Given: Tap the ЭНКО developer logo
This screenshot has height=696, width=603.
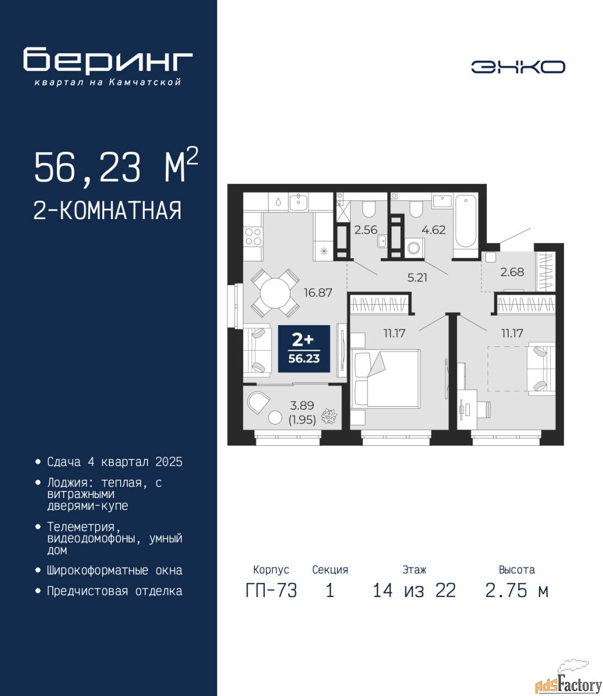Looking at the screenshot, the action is pyautogui.click(x=518, y=67).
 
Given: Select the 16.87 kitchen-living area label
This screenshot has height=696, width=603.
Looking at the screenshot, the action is pyautogui.click(x=318, y=293).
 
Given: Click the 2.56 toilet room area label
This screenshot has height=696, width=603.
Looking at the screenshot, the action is pyautogui.click(x=365, y=230).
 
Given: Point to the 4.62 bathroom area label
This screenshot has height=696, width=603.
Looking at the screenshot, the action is pyautogui.click(x=434, y=230).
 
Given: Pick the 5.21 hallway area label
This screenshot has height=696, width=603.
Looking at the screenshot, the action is pyautogui.click(x=417, y=278).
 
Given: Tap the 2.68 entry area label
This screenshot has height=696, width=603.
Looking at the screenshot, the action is pyautogui.click(x=512, y=272).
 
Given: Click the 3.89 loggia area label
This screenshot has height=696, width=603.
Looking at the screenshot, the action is pyautogui.click(x=302, y=406).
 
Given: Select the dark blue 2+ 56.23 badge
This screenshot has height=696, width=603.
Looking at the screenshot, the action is pyautogui.click(x=304, y=349).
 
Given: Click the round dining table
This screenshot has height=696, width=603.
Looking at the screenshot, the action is pyautogui.click(x=275, y=293).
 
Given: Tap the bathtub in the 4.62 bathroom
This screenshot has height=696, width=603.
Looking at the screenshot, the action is pyautogui.click(x=465, y=222).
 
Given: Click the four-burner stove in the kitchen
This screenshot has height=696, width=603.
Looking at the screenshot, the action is pyautogui.click(x=253, y=237).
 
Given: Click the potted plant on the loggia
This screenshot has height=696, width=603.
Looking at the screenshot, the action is pyautogui.click(x=329, y=416).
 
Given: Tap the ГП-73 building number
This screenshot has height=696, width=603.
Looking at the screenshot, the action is pyautogui.click(x=271, y=591).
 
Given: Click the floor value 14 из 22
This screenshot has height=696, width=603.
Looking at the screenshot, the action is pyautogui.click(x=414, y=591).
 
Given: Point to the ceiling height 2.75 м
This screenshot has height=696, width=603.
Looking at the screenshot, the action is pyautogui.click(x=517, y=591).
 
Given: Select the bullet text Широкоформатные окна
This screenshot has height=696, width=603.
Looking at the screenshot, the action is pyautogui.click(x=115, y=570).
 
